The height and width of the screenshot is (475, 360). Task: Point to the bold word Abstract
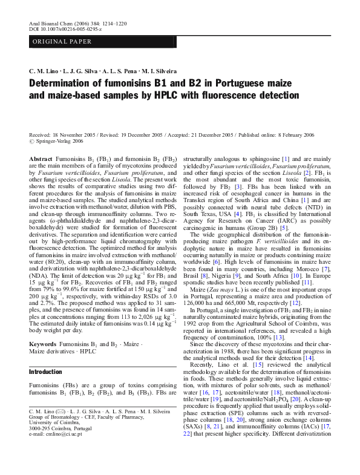(x=41, y=157)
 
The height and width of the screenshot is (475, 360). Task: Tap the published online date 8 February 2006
(x=307, y=134)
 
